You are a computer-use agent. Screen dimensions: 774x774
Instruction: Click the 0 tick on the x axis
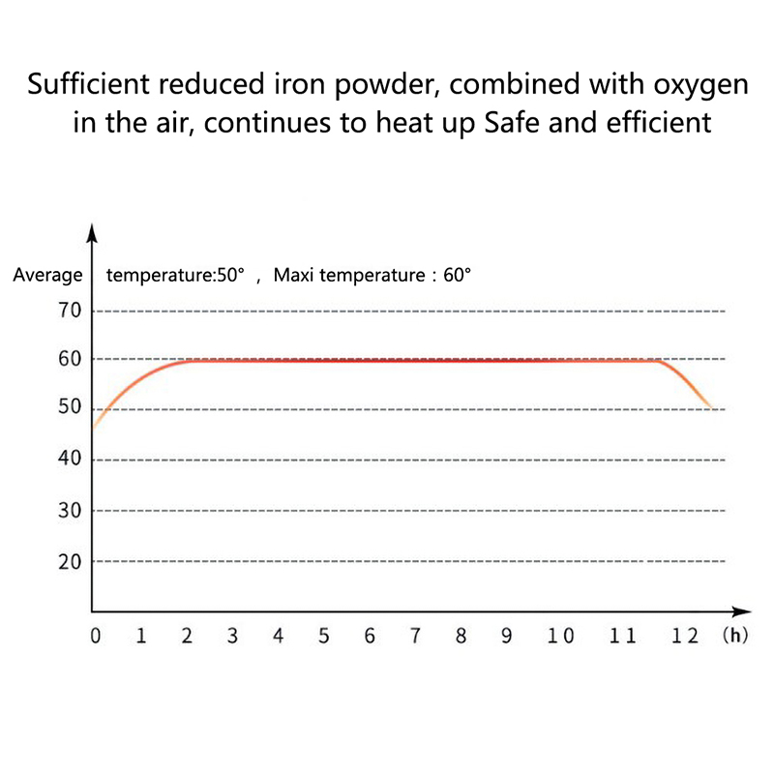[x=95, y=637]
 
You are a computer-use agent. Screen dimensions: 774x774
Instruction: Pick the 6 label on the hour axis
[x=370, y=637]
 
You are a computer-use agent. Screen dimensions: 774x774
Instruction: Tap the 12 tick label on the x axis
[x=685, y=637]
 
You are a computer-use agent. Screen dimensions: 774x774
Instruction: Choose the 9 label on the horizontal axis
[x=506, y=637]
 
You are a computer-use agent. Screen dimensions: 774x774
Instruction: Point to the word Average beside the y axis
[x=48, y=275]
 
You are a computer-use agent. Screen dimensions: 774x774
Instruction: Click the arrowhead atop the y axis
[x=92, y=232]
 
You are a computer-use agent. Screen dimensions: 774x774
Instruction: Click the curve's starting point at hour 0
[x=93, y=427]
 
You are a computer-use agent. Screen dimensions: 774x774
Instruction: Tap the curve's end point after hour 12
[x=714, y=408]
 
